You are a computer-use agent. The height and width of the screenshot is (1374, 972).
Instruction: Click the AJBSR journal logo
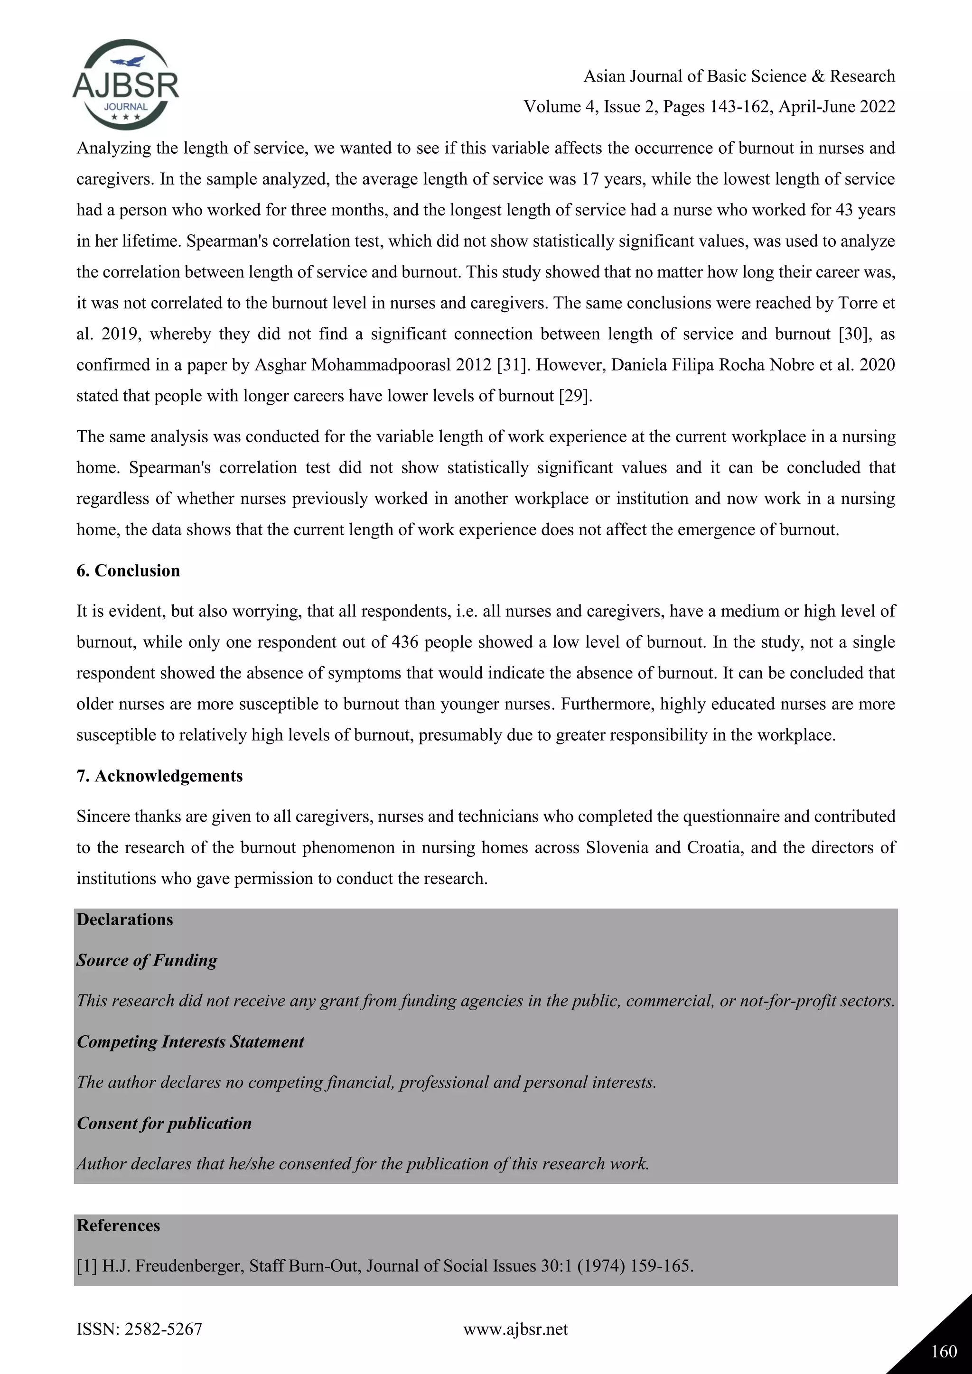[x=125, y=85]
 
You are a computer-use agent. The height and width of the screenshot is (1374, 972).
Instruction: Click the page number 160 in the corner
[x=944, y=1351]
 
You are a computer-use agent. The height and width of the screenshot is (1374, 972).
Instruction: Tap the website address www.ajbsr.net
[x=515, y=1329]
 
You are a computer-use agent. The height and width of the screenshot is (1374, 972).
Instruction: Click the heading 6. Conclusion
[x=128, y=570]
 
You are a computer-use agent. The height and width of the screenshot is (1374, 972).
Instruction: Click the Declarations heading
[x=124, y=919]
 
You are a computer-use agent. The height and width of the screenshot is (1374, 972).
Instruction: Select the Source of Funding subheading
[x=147, y=960]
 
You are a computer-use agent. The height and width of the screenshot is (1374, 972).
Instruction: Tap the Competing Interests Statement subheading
[x=190, y=1041]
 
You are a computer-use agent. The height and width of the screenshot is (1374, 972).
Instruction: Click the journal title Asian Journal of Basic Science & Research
[x=739, y=76]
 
